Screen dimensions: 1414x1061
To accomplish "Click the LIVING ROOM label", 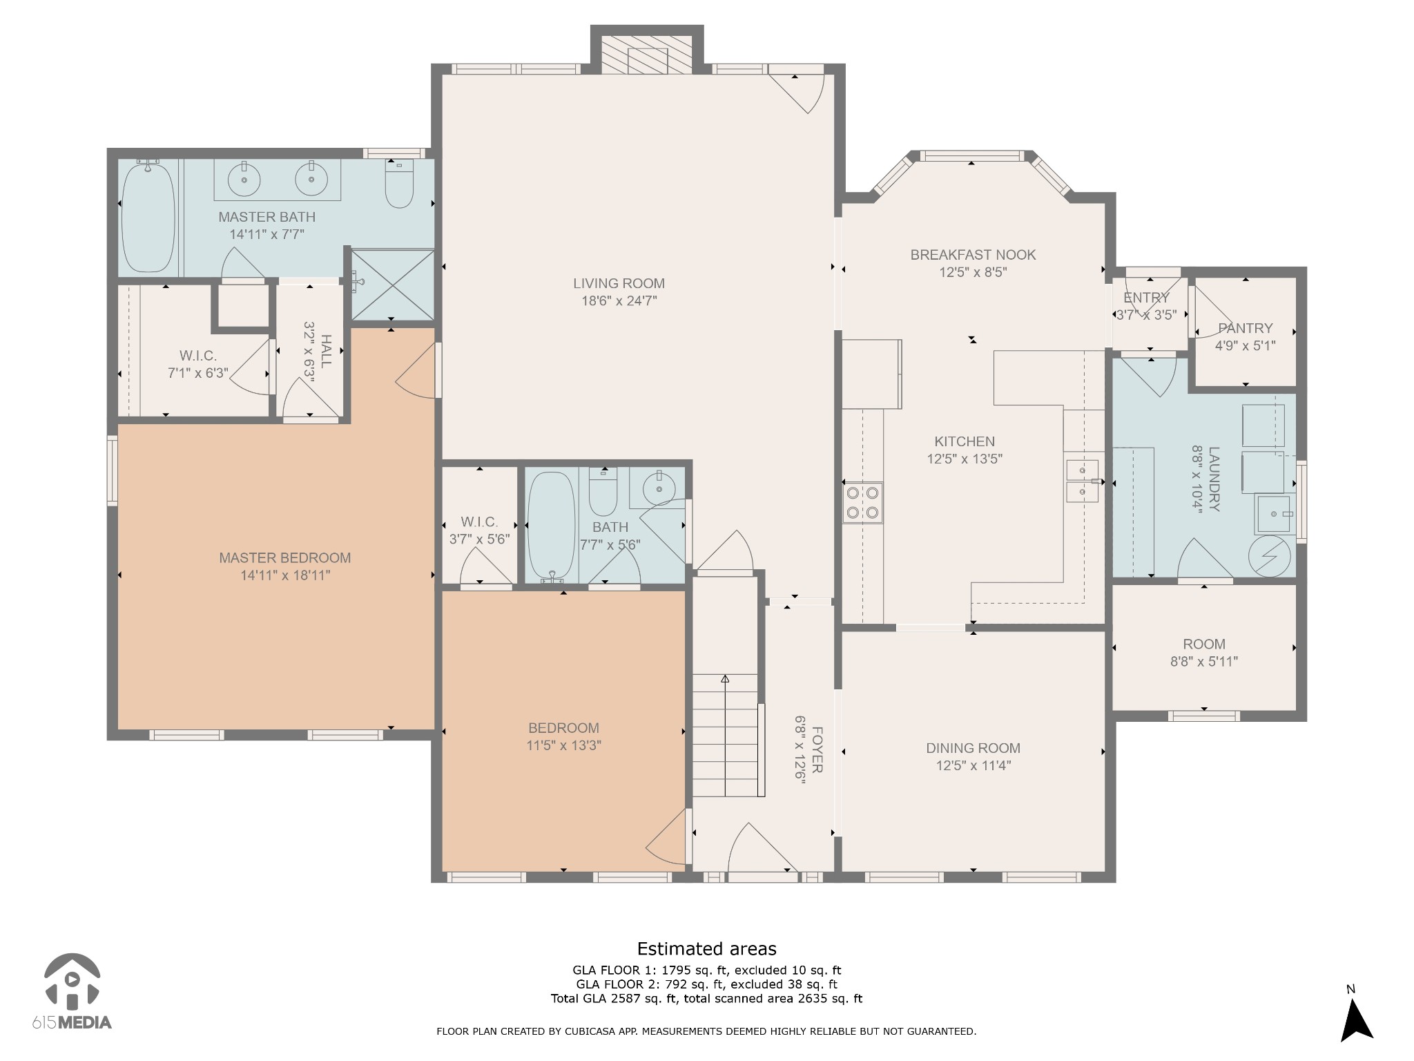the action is coord(619,283).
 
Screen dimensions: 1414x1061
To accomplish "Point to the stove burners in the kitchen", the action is coord(863,503).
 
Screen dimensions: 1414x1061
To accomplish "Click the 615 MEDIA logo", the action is coord(72,991).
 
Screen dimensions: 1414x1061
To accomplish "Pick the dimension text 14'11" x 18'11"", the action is coord(285,575).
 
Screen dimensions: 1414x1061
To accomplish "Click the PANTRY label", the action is coord(1246,328).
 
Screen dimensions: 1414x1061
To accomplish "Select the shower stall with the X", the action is coord(392,285).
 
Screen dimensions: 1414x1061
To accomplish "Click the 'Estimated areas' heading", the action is coord(706,948).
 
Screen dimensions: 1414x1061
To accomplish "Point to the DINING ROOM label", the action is coord(973,748).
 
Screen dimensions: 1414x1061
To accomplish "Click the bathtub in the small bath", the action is coord(551,526).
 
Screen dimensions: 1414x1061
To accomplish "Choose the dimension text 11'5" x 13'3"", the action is coord(563,745).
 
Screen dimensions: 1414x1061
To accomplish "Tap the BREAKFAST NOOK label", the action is coord(973,255).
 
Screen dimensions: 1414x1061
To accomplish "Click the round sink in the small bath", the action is coord(659,488).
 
